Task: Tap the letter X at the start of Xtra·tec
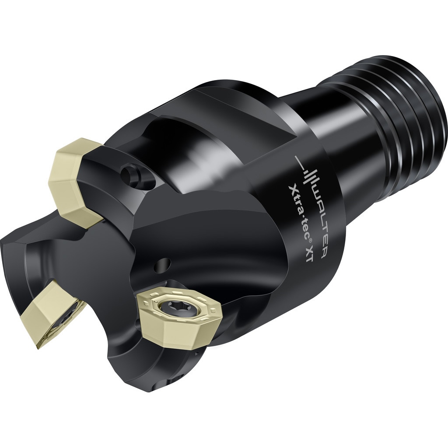coord(291,189)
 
